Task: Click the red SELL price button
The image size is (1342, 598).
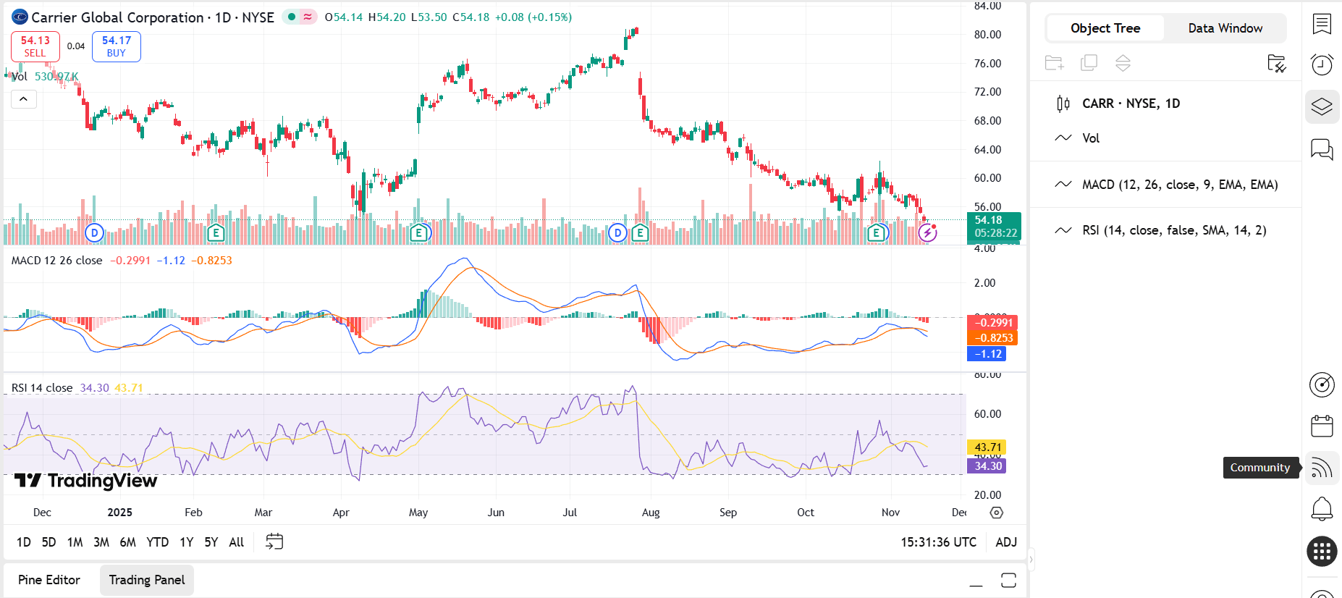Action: coord(35,46)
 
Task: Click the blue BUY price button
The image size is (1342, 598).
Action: coord(116,46)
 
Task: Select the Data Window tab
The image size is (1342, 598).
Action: coord(1225,28)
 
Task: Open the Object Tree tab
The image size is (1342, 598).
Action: coord(1105,28)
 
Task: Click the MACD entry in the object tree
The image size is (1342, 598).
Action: coord(1179,185)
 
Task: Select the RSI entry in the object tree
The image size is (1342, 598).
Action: coord(1173,230)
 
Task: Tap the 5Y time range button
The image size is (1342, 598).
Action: coord(211,542)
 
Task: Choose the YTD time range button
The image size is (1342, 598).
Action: coord(157,542)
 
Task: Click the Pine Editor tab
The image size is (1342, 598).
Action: coord(49,580)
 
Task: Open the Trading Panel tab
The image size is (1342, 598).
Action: coord(147,580)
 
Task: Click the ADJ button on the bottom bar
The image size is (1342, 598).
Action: coord(1006,542)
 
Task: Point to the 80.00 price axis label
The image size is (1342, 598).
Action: coord(987,35)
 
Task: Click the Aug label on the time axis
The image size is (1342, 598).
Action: coord(651,513)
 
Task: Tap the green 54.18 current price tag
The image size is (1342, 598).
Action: coord(993,227)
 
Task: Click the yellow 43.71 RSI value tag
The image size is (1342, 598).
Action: coord(987,447)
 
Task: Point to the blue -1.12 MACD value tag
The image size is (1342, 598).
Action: coord(987,354)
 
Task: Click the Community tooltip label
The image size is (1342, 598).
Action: coord(1259,468)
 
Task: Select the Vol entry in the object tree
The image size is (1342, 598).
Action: coord(1090,138)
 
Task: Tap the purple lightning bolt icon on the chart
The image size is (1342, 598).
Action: coord(927,232)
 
